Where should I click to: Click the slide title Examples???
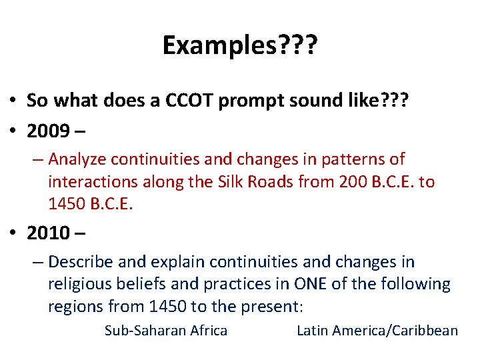pos(240,46)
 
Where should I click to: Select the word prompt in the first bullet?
pos(259,100)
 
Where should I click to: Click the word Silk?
pos(234,182)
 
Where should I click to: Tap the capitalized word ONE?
pos(311,285)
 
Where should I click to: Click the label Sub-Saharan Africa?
pos(166,331)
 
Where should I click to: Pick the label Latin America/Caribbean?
pos(377,331)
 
